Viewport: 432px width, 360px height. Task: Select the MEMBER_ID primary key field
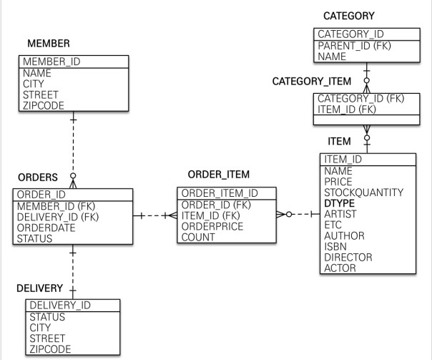tap(51, 62)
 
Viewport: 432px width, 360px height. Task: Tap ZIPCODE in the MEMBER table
tap(44, 105)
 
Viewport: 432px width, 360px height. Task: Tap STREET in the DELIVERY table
tap(47, 338)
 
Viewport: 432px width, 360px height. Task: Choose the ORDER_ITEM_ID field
tap(217, 193)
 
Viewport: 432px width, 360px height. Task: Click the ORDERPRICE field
tap(212, 226)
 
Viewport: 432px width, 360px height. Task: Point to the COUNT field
tap(197, 237)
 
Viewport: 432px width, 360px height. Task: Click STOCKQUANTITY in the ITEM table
tap(363, 193)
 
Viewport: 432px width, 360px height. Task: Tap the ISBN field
tap(336, 246)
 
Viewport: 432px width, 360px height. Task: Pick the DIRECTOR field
tap(348, 257)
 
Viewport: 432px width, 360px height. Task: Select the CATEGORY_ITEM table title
tap(311, 81)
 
